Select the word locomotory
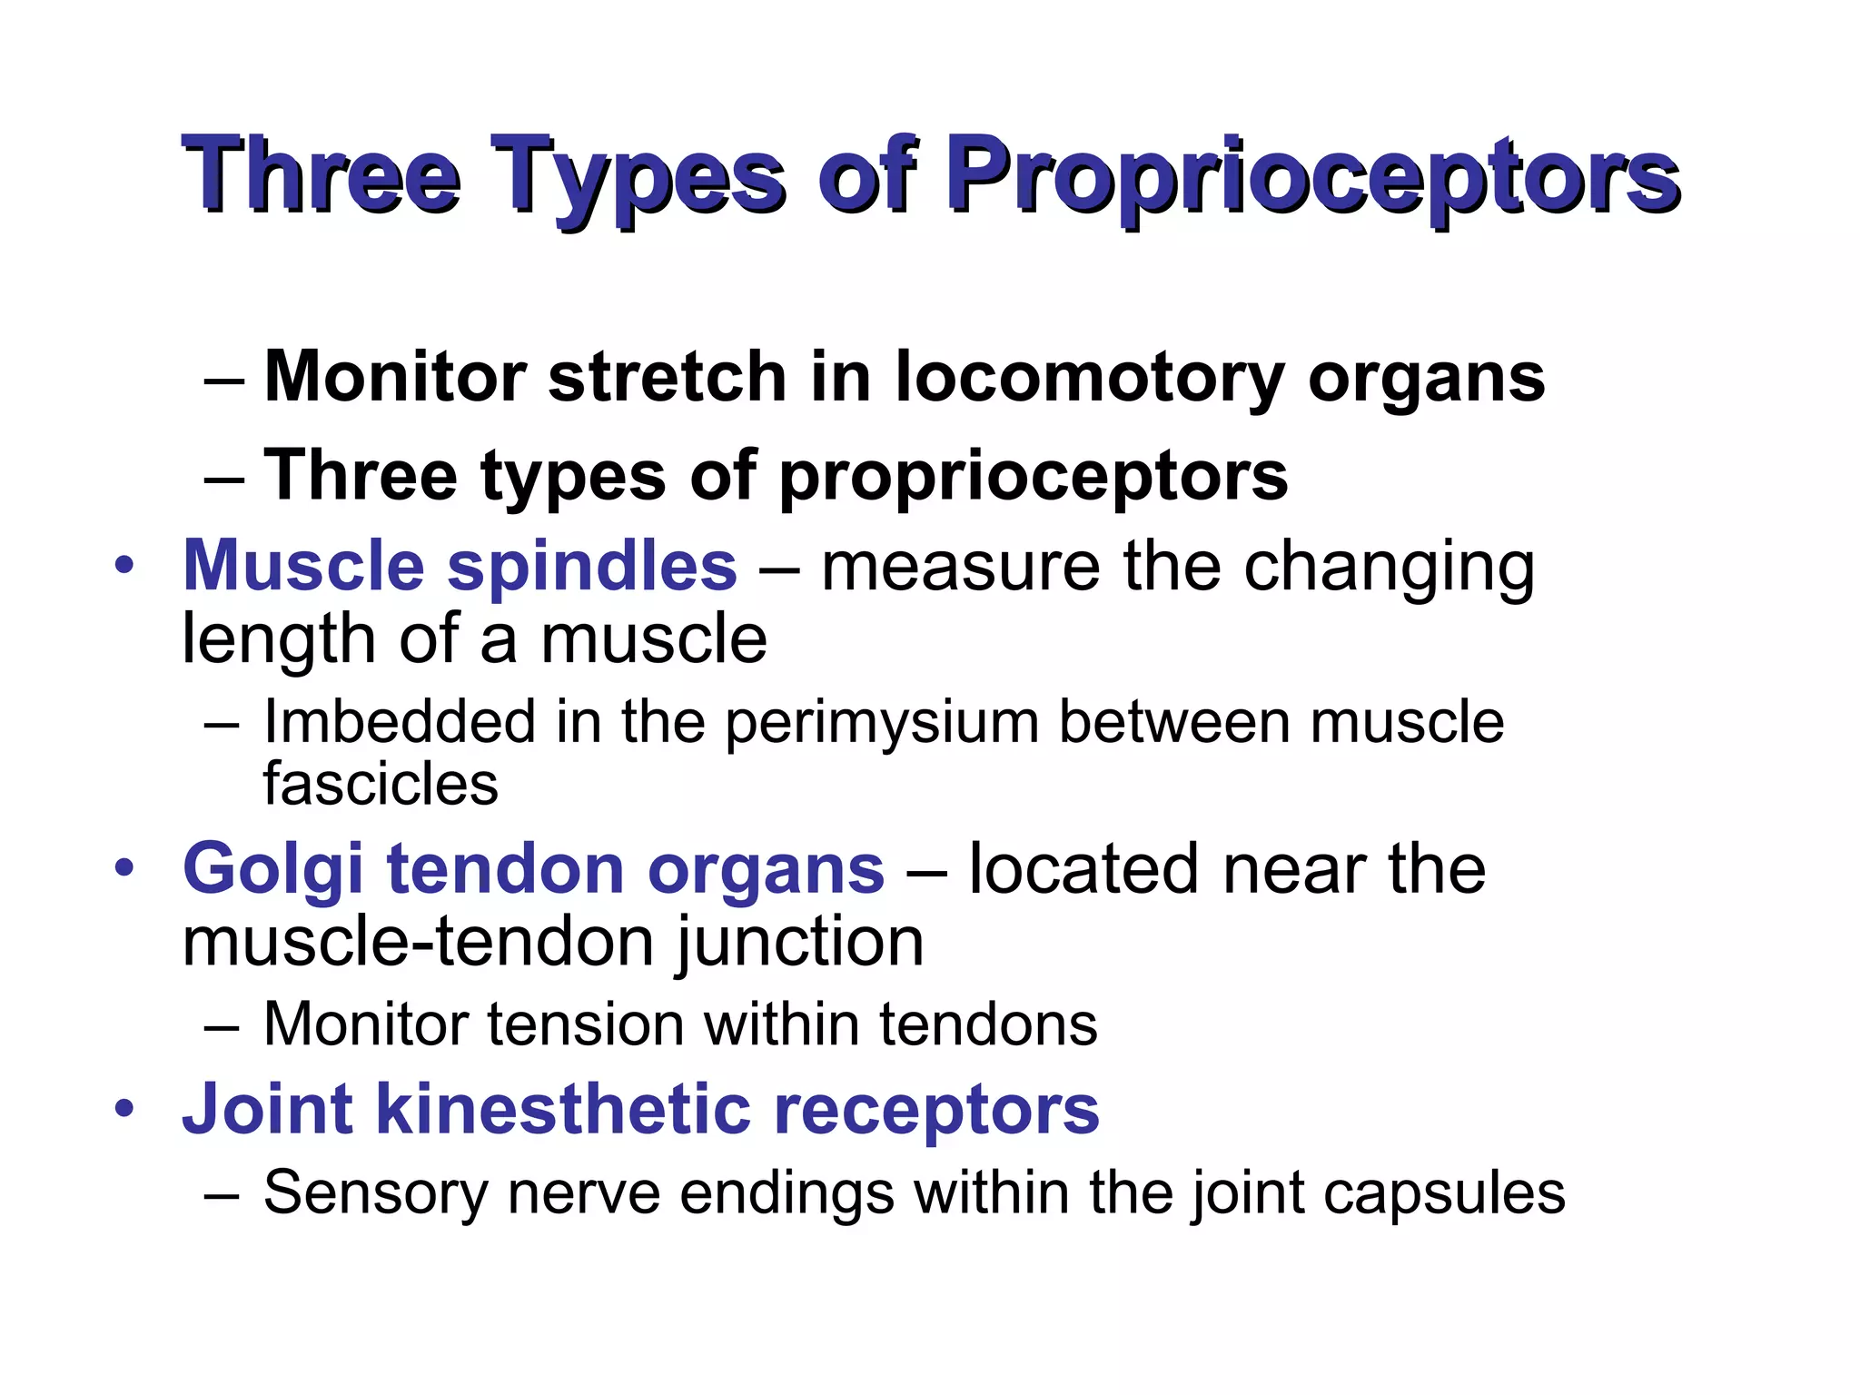coord(1089,376)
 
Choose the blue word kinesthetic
coord(564,1109)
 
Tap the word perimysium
coord(881,723)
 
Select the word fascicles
coord(381,785)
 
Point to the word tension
coord(586,1024)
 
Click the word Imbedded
coord(400,723)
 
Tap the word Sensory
coord(375,1192)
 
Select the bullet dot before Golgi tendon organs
coord(124,868)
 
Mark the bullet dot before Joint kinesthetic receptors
coord(124,1109)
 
